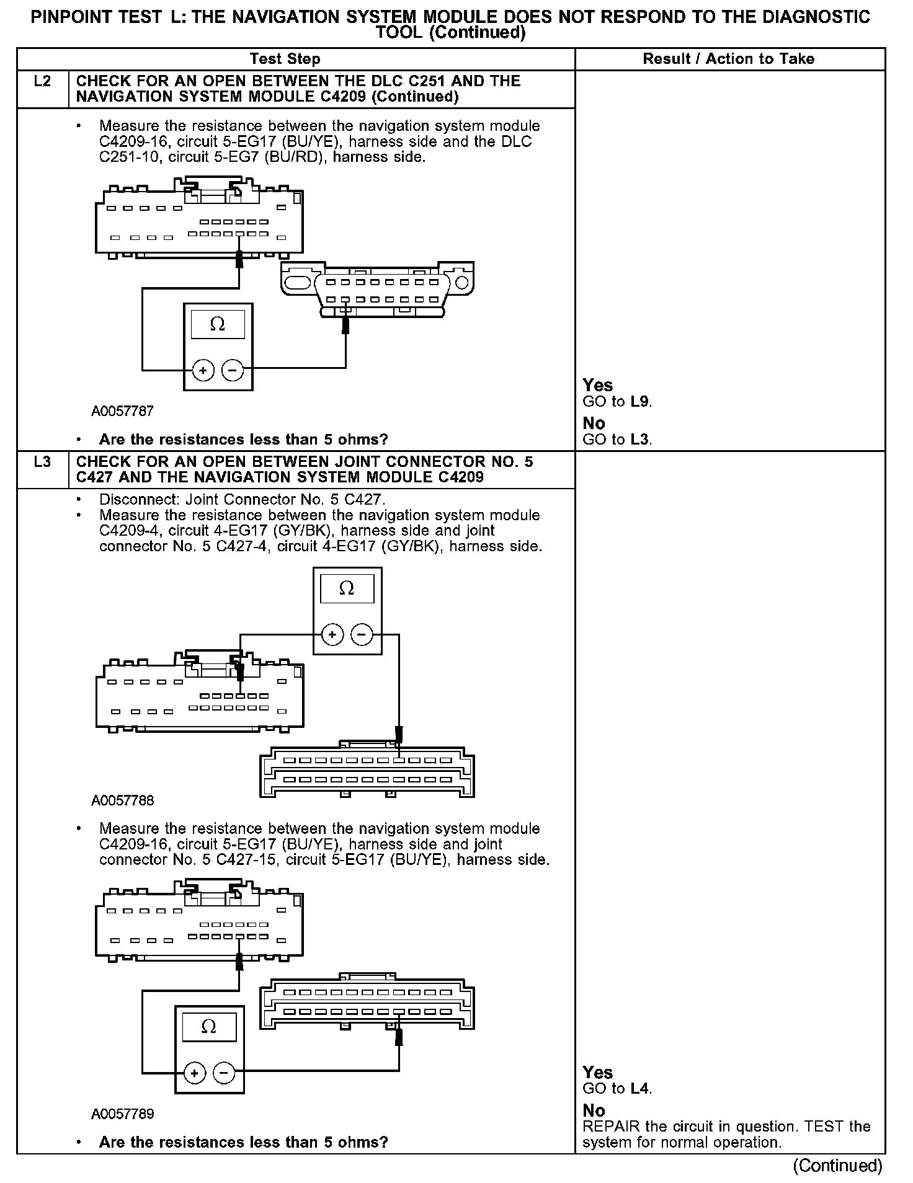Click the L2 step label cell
coord(42,82)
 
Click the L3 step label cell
coord(42,463)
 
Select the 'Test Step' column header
coord(285,60)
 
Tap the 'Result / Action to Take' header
coord(728,60)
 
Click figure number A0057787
coord(122,411)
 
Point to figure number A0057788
coord(122,800)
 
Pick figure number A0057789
coord(122,1114)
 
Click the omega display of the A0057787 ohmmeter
coord(218,324)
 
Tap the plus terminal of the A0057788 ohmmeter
coord(332,635)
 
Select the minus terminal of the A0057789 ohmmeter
coord(224,1073)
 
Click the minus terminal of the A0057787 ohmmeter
coord(233,371)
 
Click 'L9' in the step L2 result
coord(640,402)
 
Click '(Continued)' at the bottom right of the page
coord(837,1166)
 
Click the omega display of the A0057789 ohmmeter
coord(209,1027)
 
